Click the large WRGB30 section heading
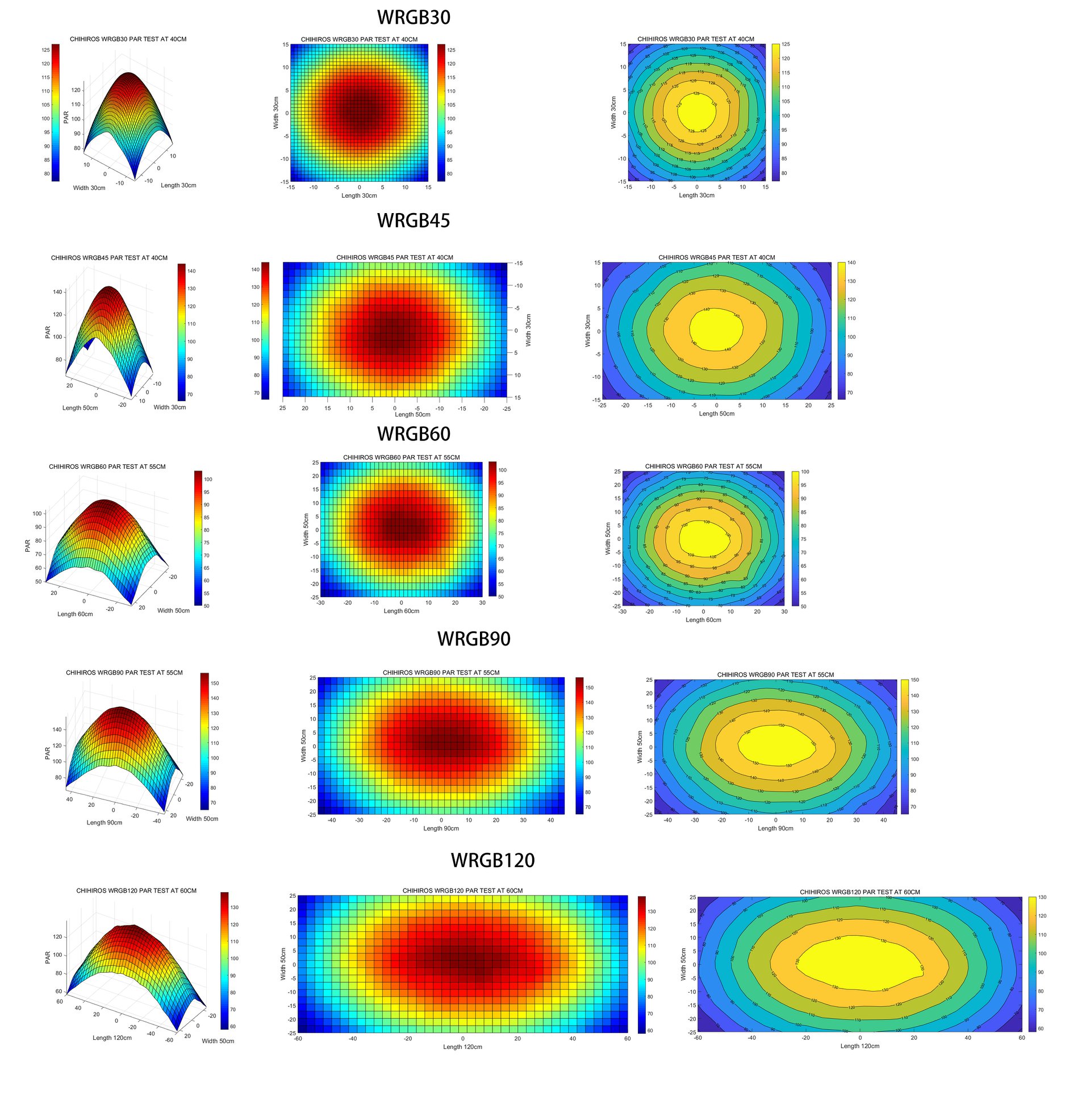tap(414, 18)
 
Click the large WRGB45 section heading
tap(414, 220)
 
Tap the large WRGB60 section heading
tap(414, 434)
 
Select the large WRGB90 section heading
tap(474, 639)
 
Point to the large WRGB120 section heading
tap(492, 860)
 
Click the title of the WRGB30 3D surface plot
tap(128, 39)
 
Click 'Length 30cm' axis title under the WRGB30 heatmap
tap(359, 195)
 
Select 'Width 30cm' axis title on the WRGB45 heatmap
tap(528, 330)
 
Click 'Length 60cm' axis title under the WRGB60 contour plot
tap(703, 620)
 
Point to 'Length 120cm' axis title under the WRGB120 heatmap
tap(462, 1047)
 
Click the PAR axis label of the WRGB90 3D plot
tap(48, 753)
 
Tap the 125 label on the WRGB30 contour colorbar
tap(786, 44)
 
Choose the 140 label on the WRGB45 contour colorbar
tap(851, 263)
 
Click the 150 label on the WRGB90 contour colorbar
tap(914, 680)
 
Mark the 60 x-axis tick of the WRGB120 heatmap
tap(627, 1039)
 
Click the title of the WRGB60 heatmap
tap(401, 457)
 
